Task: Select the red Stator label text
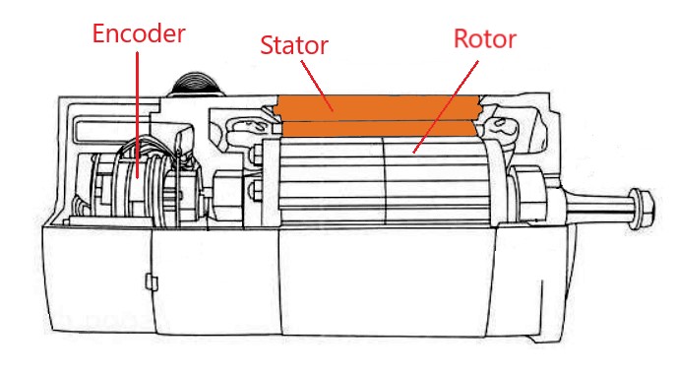[294, 44]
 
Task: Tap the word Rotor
[484, 39]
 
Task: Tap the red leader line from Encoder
[138, 108]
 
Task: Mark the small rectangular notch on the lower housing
[151, 282]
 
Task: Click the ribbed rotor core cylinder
[384, 182]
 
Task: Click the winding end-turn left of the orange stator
[242, 128]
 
